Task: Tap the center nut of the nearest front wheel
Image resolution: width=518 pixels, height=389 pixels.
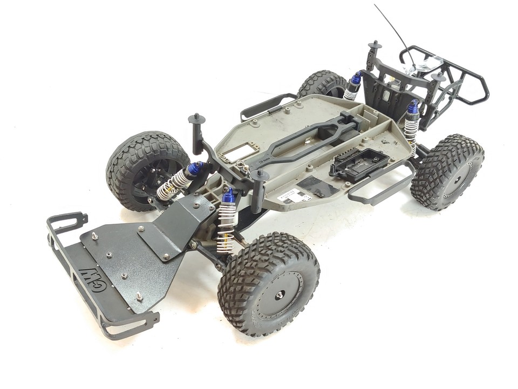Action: (x=280, y=294)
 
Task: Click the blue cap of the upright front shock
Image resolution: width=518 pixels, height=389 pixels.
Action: (x=229, y=195)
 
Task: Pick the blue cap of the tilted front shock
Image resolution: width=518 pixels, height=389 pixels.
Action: (x=194, y=169)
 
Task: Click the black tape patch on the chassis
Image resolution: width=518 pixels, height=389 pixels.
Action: (x=318, y=186)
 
